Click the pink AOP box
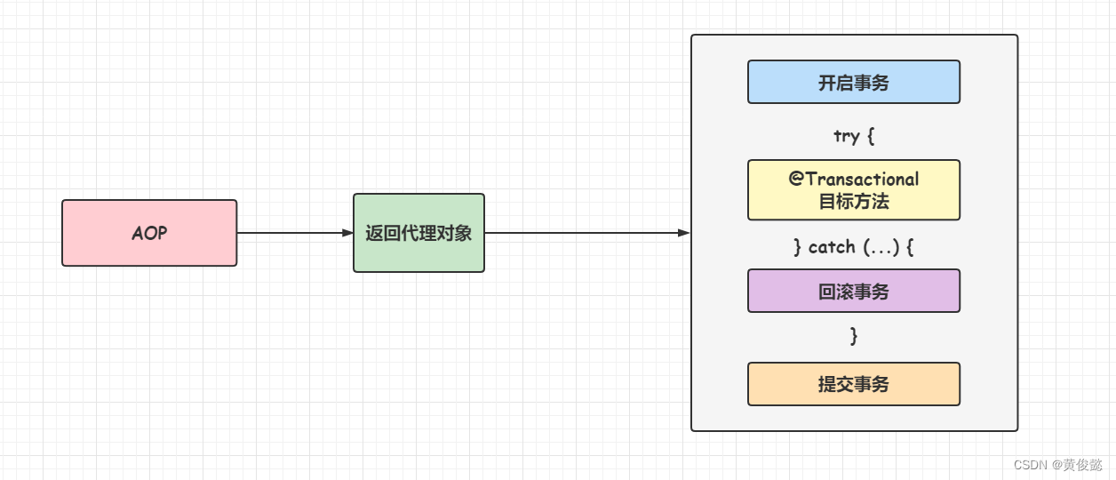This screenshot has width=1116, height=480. pyautogui.click(x=149, y=233)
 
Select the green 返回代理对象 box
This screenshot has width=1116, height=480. pyautogui.click(x=418, y=233)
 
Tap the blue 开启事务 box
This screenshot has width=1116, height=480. pyautogui.click(x=853, y=83)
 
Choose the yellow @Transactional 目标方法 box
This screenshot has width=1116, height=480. pyautogui.click(x=853, y=190)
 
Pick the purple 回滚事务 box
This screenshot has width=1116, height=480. pyautogui.click(x=853, y=291)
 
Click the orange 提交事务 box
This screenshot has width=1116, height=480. pyautogui.click(x=853, y=384)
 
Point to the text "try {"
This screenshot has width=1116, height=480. pyautogui.click(x=854, y=136)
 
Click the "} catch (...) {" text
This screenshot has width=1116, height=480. pyautogui.click(x=853, y=247)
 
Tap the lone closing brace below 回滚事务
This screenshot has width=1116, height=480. pyautogui.click(x=854, y=336)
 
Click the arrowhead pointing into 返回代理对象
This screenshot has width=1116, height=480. pyautogui.click(x=347, y=233)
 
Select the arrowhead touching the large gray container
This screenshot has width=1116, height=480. pyautogui.click(x=684, y=233)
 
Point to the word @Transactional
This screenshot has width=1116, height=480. pyautogui.click(x=854, y=179)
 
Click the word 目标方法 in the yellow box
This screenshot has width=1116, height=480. pyautogui.click(x=854, y=202)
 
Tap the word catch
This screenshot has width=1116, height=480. pyautogui.click(x=832, y=247)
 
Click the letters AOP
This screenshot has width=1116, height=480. pyautogui.click(x=149, y=233)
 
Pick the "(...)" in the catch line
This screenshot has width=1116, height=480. pyautogui.click(x=882, y=247)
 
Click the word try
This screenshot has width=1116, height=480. pyautogui.click(x=846, y=136)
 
